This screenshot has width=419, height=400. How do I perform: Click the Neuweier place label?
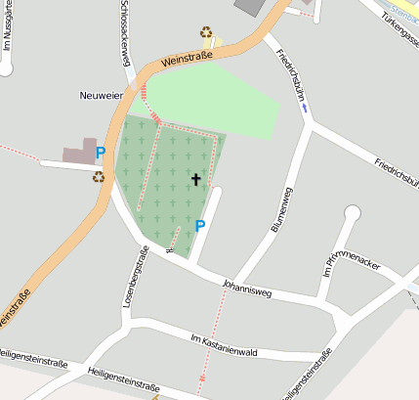pos(102,96)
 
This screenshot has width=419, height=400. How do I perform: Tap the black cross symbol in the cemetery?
pos(196,179)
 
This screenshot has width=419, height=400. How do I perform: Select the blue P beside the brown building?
pos(100,153)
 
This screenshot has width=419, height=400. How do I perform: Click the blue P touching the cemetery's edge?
pos(200,226)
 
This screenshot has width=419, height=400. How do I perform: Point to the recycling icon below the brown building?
pos(98,177)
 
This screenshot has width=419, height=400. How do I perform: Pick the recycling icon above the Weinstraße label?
pos(207,32)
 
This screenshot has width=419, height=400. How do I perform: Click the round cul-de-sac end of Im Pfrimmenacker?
pos(353,213)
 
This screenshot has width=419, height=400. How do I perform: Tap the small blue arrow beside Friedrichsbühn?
pos(305,109)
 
